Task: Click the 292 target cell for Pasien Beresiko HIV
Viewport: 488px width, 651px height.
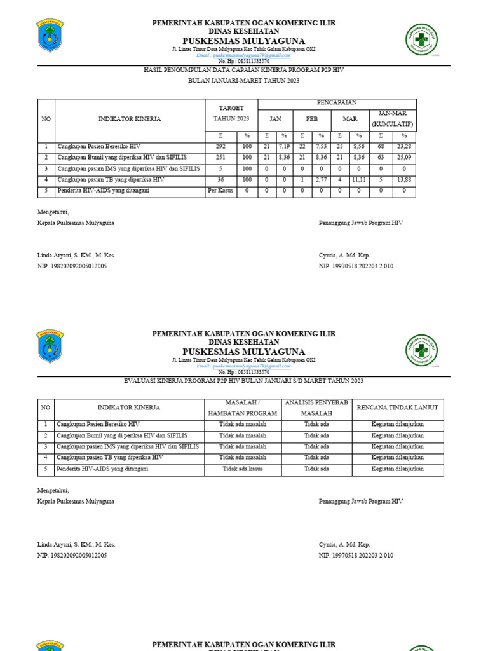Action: (220, 147)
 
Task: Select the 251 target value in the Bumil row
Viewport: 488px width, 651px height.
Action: (220, 158)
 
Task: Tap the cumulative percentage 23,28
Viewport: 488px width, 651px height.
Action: (403, 147)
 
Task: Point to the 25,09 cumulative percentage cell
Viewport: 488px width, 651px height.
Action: (403, 158)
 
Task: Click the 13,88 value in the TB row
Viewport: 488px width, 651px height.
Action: (403, 180)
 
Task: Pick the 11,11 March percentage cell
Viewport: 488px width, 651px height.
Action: (358, 180)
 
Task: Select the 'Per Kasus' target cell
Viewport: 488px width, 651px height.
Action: (220, 191)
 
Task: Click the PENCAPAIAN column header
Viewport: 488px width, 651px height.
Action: (336, 102)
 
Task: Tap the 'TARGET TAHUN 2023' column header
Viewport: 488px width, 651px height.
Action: (230, 113)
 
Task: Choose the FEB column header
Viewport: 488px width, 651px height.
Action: (312, 119)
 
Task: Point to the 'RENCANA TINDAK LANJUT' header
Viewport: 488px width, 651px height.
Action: (398, 408)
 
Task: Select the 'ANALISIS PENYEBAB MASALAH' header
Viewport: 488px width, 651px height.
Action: (316, 408)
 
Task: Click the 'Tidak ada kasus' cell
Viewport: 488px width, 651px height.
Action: (243, 469)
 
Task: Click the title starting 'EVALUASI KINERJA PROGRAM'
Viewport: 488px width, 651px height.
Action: (244, 381)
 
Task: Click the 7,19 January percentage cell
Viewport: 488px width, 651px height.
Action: (284, 147)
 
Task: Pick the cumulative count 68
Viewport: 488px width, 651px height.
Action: (381, 147)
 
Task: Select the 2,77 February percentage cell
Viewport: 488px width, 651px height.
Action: (322, 180)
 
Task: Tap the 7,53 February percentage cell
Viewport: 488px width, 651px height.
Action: (322, 147)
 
